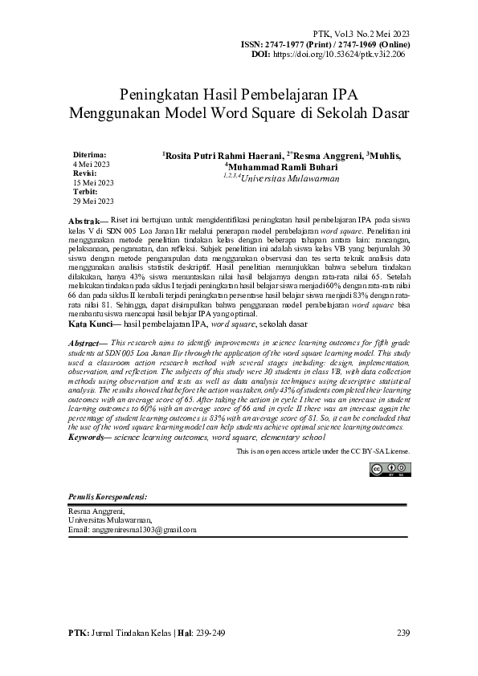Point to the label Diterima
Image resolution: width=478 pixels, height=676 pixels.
90,153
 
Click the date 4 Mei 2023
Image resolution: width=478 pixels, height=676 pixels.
91,163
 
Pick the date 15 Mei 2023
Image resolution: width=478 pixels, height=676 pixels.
93,182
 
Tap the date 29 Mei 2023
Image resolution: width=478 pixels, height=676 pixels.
93,202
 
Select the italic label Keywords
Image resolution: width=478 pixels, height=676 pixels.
88,437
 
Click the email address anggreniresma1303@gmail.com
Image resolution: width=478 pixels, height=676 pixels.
132,530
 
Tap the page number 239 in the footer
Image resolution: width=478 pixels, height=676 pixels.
403,633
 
